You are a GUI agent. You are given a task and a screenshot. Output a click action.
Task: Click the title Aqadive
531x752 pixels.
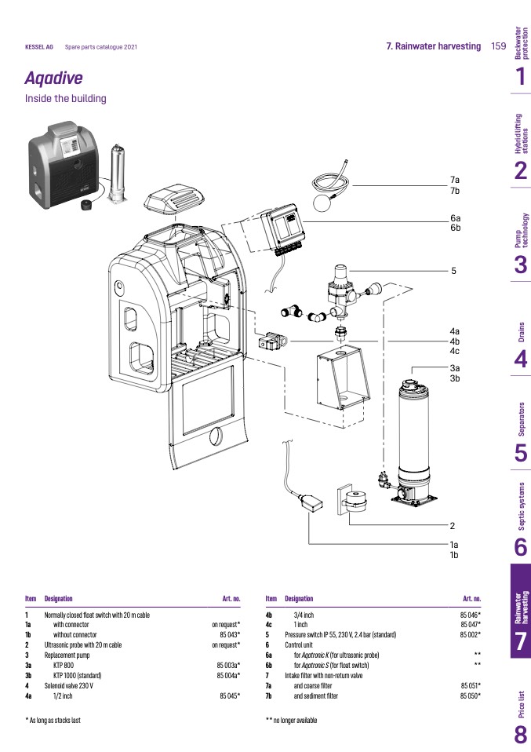click(53, 78)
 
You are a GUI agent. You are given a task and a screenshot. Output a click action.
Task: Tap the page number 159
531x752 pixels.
click(498, 46)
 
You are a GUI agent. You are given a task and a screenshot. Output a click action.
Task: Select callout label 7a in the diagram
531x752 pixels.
click(454, 181)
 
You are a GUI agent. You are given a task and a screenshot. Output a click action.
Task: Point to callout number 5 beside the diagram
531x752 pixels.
click(453, 272)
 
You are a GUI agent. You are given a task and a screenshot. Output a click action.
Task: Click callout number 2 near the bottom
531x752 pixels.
click(453, 525)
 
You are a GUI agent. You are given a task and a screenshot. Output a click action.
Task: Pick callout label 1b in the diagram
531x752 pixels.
click(453, 555)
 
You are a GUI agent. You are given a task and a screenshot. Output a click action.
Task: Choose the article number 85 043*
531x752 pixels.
click(229, 634)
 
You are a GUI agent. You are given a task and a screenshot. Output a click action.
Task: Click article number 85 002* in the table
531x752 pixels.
click(470, 634)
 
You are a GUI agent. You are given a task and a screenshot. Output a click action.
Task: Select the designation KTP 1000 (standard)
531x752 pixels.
click(79, 675)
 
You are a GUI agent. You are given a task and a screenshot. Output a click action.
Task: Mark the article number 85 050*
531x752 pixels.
click(470, 695)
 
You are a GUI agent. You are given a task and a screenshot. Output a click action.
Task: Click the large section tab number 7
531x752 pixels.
click(520, 641)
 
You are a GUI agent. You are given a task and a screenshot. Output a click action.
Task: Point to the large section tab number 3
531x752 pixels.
click(520, 265)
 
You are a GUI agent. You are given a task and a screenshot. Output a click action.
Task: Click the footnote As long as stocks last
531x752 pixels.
click(56, 720)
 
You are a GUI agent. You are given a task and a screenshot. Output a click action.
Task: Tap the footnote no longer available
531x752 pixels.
click(294, 720)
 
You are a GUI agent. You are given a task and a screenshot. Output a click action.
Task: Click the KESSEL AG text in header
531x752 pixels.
click(39, 47)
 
